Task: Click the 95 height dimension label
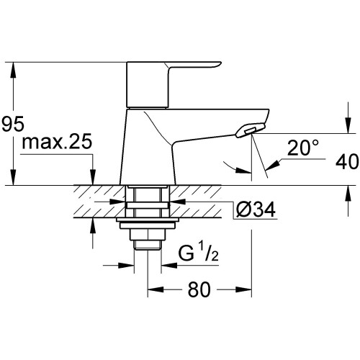coord(13,124)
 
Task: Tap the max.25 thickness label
coord(57,142)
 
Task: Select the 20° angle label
coord(303,148)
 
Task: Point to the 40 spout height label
coord(347,161)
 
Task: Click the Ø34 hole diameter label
coord(256,210)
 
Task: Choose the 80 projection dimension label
coord(199,289)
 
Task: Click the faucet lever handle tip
coord(219,64)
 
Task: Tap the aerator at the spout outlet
coord(251,130)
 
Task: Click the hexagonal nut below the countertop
coord(148,234)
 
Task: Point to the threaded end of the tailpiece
coord(148,245)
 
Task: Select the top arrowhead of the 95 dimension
coord(14,70)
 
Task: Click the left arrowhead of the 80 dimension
coord(156,289)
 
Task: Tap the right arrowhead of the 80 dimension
coord(244,289)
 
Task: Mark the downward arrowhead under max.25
coord(93,177)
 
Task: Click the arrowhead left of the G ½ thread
coord(126,265)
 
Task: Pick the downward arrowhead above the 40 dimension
coord(348,125)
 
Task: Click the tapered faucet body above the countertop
coord(148,146)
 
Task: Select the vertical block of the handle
coord(148,84)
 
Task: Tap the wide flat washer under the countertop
coord(148,220)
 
